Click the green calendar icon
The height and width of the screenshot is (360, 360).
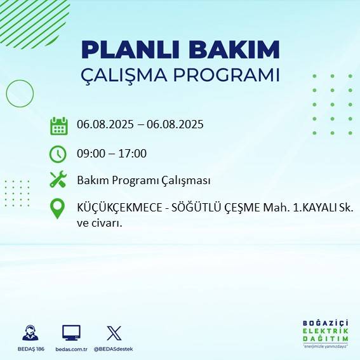pos(58,126)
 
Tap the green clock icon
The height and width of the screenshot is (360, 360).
pos(58,154)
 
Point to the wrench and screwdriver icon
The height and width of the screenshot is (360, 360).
pos(58,180)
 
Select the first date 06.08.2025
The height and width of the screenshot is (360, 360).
pos(105,124)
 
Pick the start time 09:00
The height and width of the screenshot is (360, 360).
pos(90,153)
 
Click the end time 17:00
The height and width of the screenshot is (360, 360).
pos(133,153)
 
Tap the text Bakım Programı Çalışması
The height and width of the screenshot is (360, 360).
pos(143,180)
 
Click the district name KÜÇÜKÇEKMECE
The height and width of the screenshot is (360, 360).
pos(118,208)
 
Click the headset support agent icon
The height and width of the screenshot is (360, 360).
pos(29,333)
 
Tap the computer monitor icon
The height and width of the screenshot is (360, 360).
pos(70,333)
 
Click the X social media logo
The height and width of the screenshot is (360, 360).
pos(114,333)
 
